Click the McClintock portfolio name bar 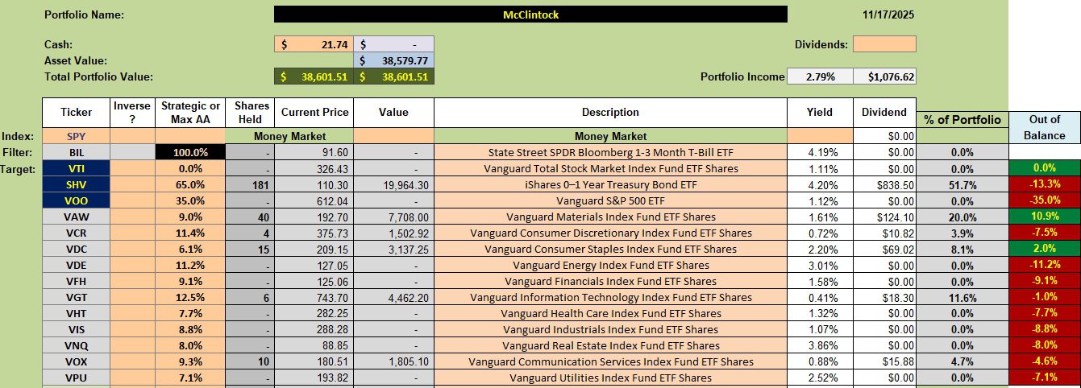click(530, 14)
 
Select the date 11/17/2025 click(888, 14)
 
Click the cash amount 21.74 click(314, 44)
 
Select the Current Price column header click(313, 113)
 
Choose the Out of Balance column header click(1045, 127)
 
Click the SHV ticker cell click(76, 184)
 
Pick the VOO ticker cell click(76, 200)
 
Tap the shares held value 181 click(249, 184)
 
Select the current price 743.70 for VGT click(313, 297)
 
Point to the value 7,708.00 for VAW click(393, 217)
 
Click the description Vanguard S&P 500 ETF click(610, 200)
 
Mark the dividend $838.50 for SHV click(884, 184)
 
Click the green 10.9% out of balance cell click(1045, 217)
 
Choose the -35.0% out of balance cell click(1045, 200)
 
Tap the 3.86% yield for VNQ click(819, 345)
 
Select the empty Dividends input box click(884, 44)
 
